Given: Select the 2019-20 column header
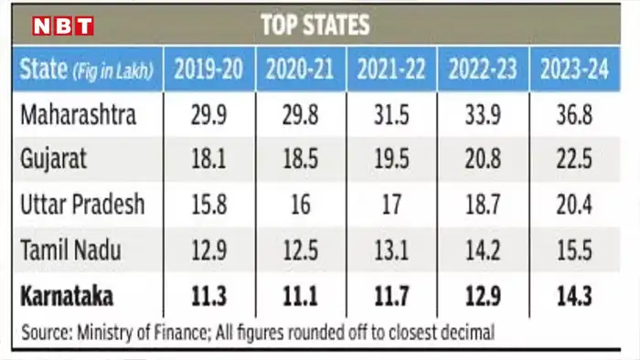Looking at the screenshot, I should tap(208, 69).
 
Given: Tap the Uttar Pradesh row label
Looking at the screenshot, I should tap(81, 205).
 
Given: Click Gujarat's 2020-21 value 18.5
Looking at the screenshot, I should tap(302, 158).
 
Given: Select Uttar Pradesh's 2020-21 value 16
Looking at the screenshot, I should tap(302, 205).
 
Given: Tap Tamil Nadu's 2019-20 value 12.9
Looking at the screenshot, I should tap(209, 249).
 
